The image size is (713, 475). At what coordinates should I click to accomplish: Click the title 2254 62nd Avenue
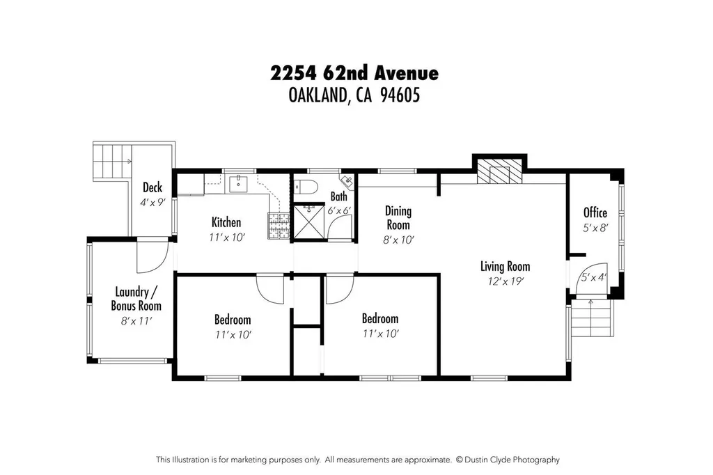(355, 73)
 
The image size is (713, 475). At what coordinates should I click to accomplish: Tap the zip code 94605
(400, 96)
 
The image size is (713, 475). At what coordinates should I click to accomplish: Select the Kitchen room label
(226, 223)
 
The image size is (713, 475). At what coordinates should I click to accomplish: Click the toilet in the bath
(305, 186)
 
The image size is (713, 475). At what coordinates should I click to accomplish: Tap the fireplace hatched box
(499, 173)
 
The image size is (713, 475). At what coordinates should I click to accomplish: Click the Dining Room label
(398, 218)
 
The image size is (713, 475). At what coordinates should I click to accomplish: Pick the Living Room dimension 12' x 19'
(505, 281)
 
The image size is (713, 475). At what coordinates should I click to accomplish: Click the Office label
(595, 213)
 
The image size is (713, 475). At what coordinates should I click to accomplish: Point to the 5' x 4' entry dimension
(594, 278)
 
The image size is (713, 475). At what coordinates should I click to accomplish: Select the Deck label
(152, 187)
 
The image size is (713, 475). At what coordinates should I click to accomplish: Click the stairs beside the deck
(111, 162)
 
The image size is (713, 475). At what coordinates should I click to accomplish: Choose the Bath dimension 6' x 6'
(339, 210)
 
